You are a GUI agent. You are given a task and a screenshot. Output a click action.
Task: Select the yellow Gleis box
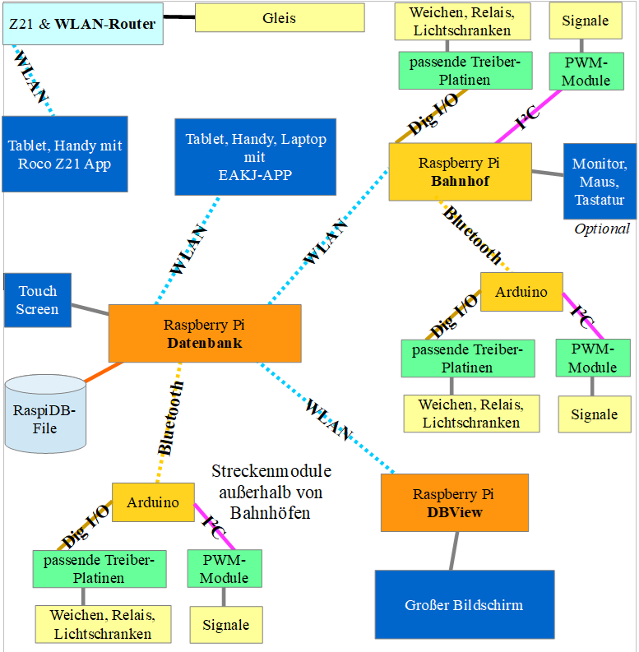[279, 17]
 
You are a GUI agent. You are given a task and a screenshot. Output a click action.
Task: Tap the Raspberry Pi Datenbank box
[204, 333]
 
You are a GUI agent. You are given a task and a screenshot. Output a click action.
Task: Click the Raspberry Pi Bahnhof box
[459, 172]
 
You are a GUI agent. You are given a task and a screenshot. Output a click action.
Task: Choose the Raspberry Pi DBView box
[454, 502]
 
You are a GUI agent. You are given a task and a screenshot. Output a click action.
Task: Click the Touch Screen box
[38, 299]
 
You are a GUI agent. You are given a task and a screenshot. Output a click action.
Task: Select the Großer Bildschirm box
[463, 605]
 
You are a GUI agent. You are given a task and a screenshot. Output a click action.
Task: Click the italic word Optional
[601, 229]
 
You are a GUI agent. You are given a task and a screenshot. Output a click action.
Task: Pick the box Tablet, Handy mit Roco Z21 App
[65, 154]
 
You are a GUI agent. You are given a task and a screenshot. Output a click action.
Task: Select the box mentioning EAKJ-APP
[255, 156]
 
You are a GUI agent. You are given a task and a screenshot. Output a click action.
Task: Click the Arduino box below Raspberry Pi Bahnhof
[521, 292]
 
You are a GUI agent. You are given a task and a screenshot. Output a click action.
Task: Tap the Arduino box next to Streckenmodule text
[153, 502]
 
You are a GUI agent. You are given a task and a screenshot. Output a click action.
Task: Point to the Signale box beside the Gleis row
[586, 21]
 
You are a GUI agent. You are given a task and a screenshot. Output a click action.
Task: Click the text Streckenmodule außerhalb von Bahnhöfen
[271, 492]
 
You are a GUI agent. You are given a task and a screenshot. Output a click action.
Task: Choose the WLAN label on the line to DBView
[328, 418]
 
